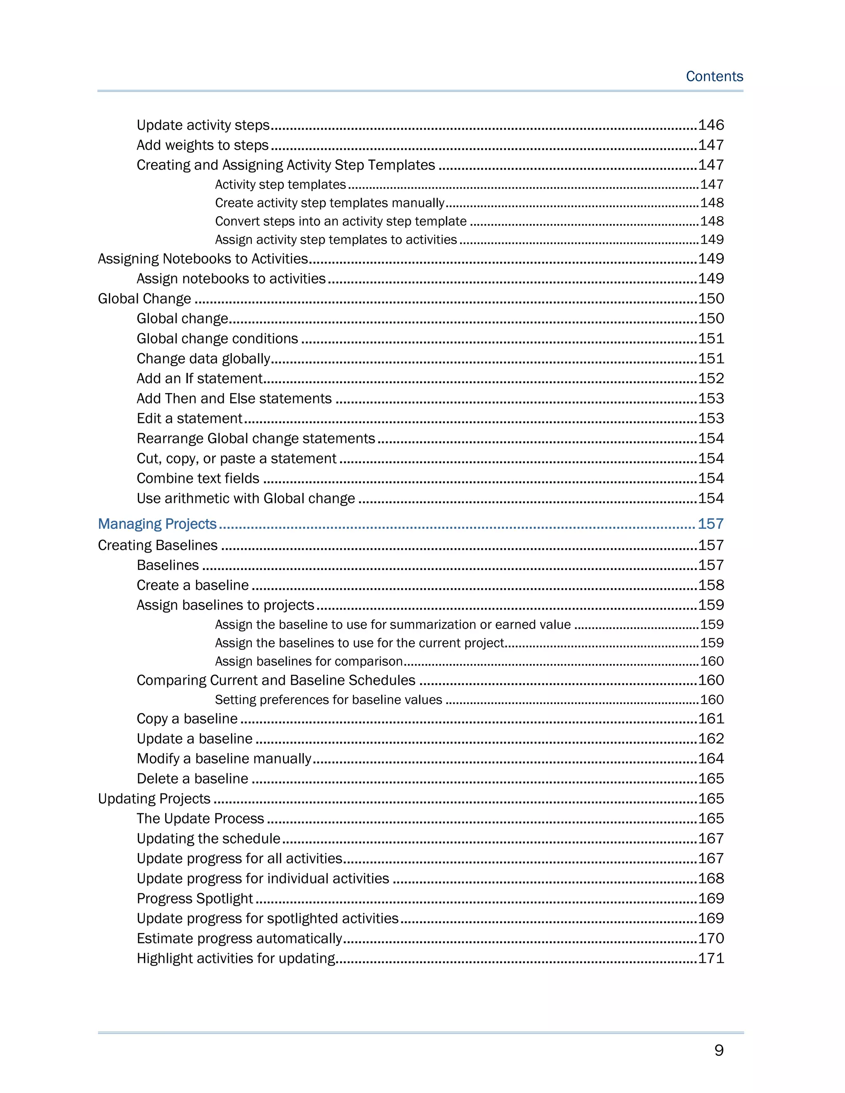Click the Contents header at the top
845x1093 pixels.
[714, 77]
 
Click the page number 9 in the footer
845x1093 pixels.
[718, 1050]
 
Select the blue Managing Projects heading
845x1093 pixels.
[157, 524]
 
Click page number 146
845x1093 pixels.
[711, 125]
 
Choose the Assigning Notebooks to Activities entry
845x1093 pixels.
[203, 259]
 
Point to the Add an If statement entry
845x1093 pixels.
[199, 378]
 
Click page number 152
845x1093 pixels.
[711, 378]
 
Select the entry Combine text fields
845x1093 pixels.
[198, 478]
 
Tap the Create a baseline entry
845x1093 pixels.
[193, 585]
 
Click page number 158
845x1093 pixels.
[711, 585]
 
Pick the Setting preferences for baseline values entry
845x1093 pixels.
[328, 700]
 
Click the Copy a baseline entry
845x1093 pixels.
[187, 718]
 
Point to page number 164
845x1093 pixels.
[711, 759]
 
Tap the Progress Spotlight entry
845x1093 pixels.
[195, 898]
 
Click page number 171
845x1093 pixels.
[711, 959]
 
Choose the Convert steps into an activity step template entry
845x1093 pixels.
[340, 221]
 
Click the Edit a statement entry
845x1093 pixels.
[189, 418]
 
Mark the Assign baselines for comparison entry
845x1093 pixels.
[309, 662]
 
